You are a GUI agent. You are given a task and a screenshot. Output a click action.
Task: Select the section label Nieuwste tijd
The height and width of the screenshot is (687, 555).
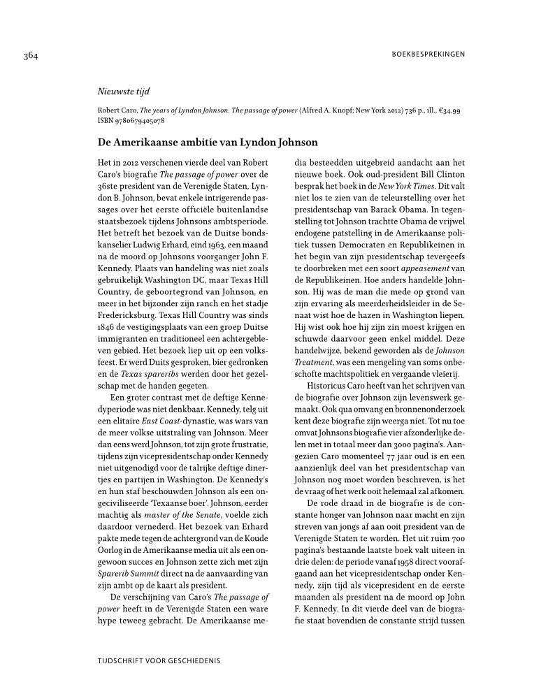pos(123,92)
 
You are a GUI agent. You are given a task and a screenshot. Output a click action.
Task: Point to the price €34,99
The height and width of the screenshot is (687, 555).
pos(447,110)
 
